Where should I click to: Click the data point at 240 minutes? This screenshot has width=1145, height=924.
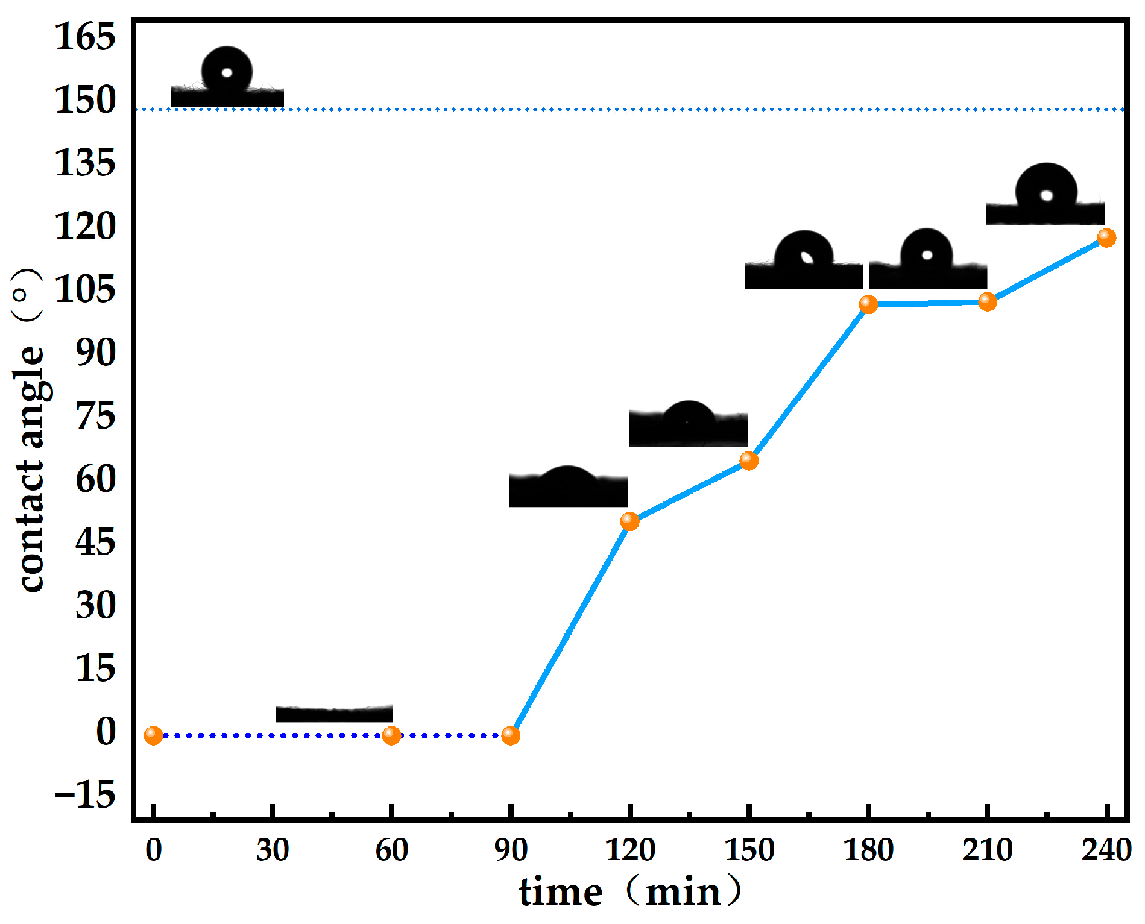pos(1106,237)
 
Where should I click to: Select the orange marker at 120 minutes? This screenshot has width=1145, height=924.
pos(629,521)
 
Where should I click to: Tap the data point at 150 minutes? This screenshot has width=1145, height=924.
pos(748,460)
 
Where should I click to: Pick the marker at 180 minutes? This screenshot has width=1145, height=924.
pos(868,304)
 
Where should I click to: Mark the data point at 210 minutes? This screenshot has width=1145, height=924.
pos(987,301)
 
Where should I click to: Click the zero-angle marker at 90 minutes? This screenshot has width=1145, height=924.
pos(511,735)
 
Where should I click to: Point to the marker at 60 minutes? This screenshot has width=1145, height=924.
pos(391,735)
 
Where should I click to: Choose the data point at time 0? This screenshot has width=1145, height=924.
pos(153,735)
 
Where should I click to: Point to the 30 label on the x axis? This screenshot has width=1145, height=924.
pos(273,850)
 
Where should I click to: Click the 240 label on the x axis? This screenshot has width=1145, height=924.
pos(1106,850)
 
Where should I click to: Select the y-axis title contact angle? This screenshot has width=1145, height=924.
pos(30,431)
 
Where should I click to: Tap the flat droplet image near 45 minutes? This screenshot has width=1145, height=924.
pos(334,714)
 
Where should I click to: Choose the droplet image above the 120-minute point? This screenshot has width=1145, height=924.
pos(568,487)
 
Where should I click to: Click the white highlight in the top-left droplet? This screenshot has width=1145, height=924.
pos(227,73)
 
